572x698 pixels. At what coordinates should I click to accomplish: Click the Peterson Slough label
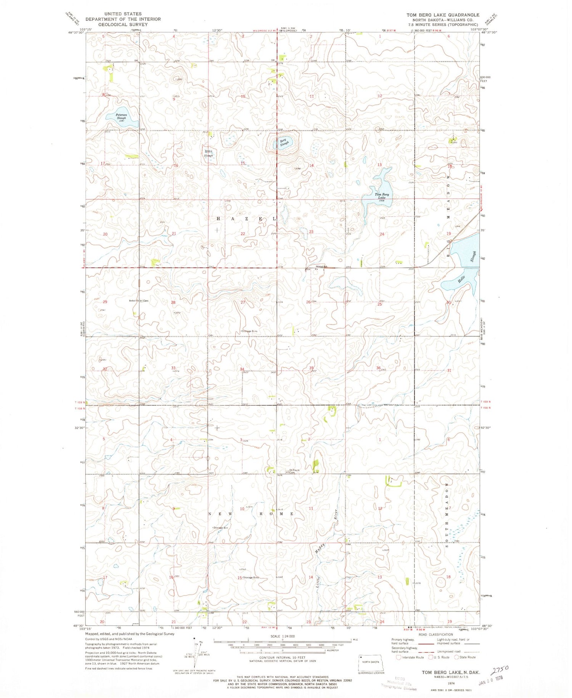pos(121,116)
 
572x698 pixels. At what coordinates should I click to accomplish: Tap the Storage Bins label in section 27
pos(249,331)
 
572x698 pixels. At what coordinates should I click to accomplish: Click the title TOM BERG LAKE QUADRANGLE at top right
pos(442,15)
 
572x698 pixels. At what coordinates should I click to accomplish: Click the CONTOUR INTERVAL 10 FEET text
pos(282,658)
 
